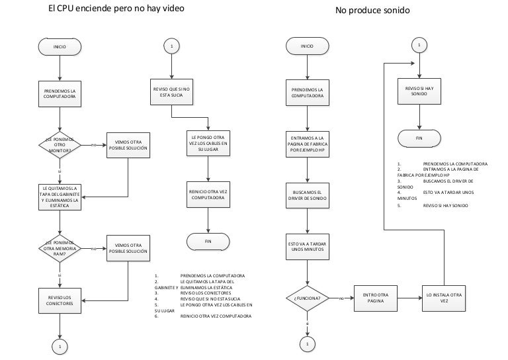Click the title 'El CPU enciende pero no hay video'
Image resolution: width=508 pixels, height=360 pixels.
click(116, 9)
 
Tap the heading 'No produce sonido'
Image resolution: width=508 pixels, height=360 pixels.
click(372, 11)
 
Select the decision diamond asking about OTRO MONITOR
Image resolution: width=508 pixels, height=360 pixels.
click(60, 144)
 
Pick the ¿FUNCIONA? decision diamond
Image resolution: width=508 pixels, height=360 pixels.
click(307, 298)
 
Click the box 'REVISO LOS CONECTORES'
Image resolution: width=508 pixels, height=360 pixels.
click(60, 300)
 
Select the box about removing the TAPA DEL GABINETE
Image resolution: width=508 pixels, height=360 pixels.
click(60, 196)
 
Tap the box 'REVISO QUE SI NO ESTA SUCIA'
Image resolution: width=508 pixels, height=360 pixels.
click(171, 92)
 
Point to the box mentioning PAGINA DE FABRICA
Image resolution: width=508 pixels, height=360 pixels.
click(307, 144)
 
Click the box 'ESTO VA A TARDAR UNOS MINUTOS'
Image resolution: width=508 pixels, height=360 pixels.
click(307, 247)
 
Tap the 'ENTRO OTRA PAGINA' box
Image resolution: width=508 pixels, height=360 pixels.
click(375, 298)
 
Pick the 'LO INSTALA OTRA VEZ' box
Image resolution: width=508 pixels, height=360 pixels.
click(444, 298)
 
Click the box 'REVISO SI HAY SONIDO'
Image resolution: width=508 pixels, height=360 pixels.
click(419, 92)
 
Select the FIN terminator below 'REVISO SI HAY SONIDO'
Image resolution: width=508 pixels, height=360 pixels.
click(419, 138)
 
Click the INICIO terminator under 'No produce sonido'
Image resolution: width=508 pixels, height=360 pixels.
click(307, 46)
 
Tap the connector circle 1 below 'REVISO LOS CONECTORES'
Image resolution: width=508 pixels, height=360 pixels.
click(60, 345)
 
